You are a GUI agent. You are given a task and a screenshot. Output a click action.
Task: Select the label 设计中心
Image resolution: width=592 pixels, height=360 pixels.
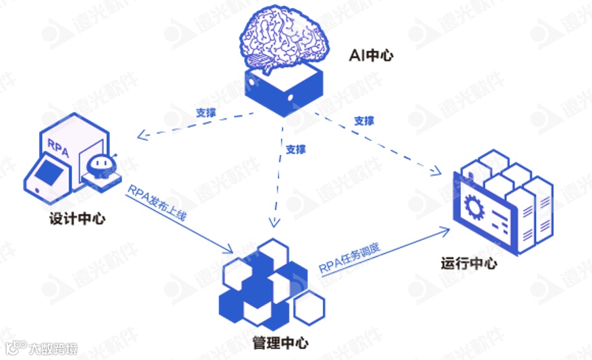pos(77,219)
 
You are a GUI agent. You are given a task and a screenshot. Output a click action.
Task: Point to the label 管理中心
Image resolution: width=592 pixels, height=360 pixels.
pos(280,343)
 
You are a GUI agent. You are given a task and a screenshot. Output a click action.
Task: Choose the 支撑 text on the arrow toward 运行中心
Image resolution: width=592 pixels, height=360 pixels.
pos(363,121)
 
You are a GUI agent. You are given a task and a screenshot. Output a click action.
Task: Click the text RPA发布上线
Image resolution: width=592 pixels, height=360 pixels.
pos(156,203)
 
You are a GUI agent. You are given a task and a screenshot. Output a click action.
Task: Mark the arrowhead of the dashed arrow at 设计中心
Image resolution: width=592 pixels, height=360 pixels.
pos(141,137)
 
